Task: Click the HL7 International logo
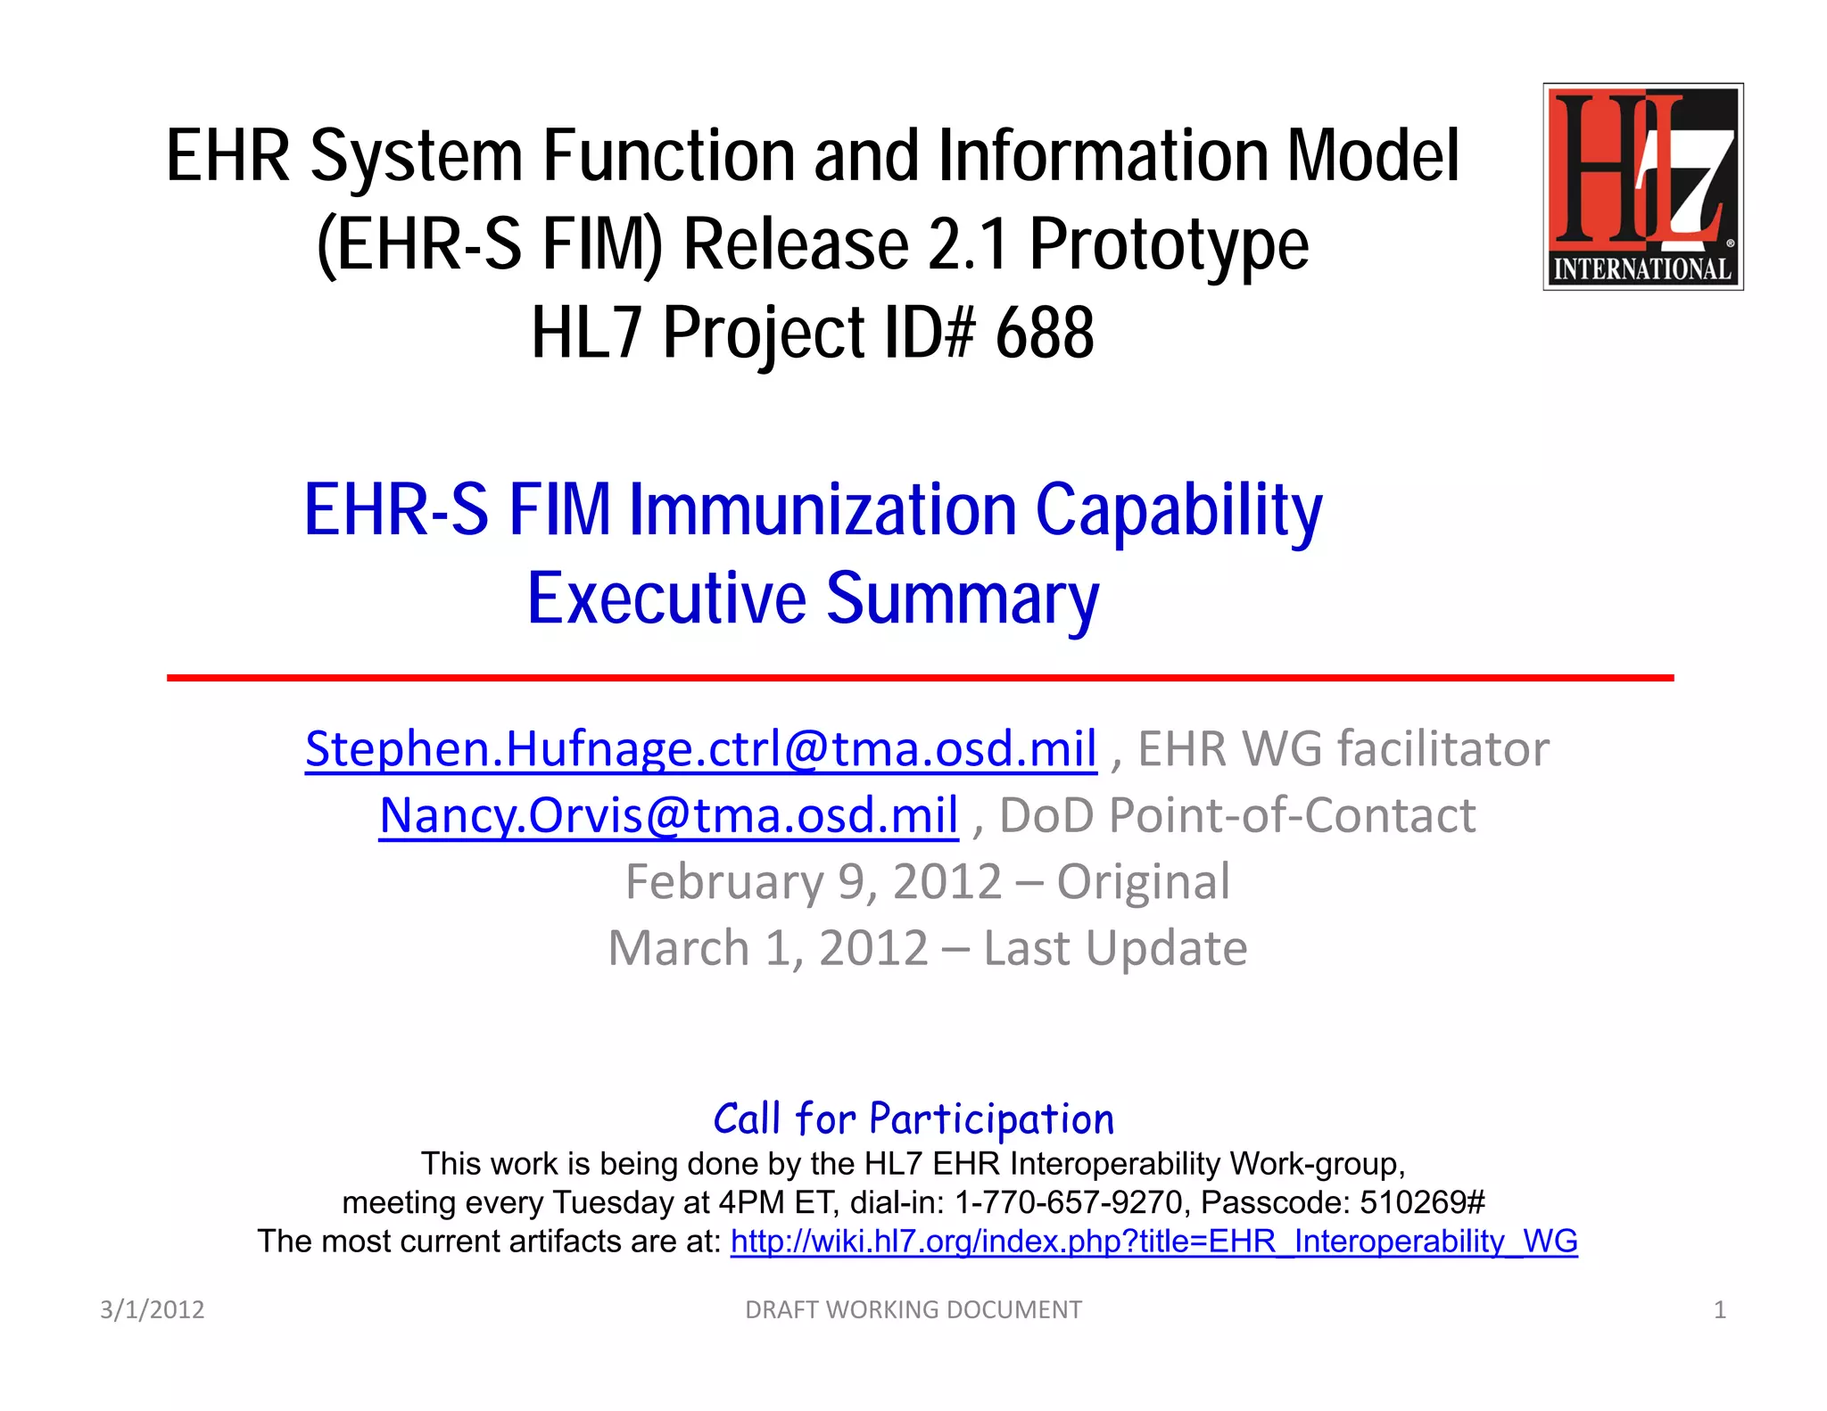(1642, 186)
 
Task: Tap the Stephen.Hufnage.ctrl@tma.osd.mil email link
(700, 748)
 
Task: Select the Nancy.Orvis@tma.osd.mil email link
(668, 815)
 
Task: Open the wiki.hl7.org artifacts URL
(1153, 1242)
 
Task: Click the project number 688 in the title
(1044, 334)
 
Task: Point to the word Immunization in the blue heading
(823, 510)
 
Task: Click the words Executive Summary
(813, 598)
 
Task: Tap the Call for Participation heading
(913, 1119)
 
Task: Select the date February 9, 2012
(813, 882)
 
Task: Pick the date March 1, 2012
(767, 948)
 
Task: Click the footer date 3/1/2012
(152, 1309)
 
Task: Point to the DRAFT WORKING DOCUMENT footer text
(913, 1309)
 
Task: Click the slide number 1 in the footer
(1719, 1309)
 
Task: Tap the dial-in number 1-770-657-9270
(1068, 1203)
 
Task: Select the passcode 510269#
(1422, 1203)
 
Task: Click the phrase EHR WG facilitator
(1343, 748)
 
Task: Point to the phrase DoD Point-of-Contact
(1236, 815)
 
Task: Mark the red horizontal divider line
(919, 678)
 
